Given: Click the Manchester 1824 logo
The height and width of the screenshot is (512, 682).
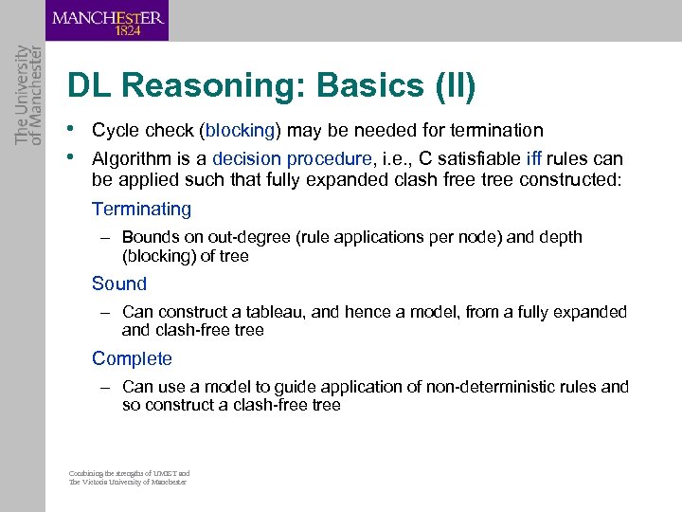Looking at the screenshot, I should (x=108, y=21).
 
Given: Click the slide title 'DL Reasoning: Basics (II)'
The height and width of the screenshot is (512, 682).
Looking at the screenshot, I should (x=271, y=86).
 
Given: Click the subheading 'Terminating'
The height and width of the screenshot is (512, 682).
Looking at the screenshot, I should (x=141, y=209).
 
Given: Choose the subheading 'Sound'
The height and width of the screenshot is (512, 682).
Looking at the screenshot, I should (x=119, y=283).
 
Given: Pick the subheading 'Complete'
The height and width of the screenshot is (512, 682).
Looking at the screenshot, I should (x=132, y=358).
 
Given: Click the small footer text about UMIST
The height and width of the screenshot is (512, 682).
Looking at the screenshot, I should (x=129, y=477).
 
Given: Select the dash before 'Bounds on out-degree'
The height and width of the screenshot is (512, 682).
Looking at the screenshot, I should (x=109, y=237).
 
